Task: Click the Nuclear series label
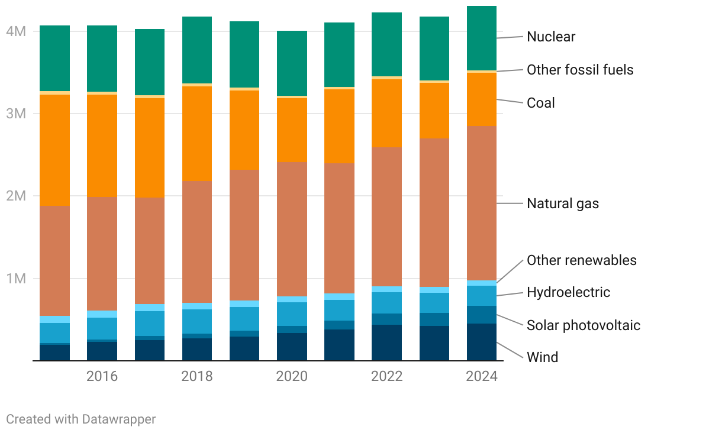point(550,37)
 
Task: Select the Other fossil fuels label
point(580,70)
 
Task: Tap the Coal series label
point(541,103)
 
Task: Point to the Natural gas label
point(563,204)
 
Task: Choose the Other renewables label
point(582,260)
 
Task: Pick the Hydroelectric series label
point(568,292)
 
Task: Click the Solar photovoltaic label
point(584,325)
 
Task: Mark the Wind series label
point(542,357)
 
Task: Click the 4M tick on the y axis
point(16,31)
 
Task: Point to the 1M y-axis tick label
point(16,279)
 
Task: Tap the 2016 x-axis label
point(102,377)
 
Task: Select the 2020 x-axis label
point(292,377)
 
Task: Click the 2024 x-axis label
point(482,377)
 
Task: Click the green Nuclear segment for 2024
point(482,38)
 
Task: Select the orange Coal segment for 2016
point(102,146)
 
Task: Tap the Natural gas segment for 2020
point(292,229)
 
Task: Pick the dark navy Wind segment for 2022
point(387,342)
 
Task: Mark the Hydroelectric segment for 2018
point(197,321)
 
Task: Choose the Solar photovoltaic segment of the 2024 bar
point(482,315)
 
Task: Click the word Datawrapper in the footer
point(119,419)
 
